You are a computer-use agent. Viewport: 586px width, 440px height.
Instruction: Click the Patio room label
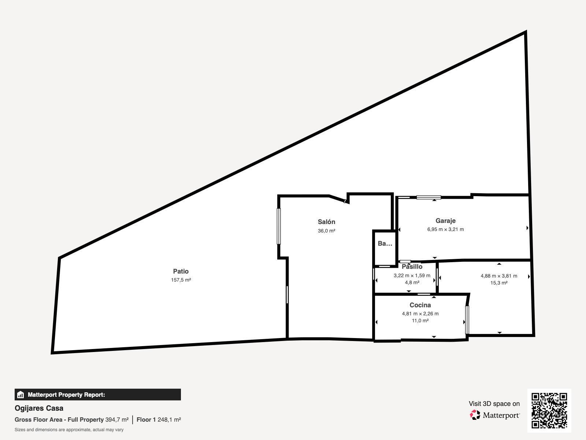tap(181, 271)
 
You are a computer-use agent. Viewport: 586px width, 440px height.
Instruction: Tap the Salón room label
tap(326, 222)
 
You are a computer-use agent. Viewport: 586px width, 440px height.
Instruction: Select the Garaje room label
tap(445, 221)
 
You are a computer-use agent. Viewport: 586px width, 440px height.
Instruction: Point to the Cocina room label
tap(420, 305)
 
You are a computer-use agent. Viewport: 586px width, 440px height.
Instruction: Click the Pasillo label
tap(412, 267)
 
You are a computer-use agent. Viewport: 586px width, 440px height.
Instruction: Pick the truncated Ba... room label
tap(385, 243)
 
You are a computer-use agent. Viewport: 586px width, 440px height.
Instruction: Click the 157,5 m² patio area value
tap(181, 280)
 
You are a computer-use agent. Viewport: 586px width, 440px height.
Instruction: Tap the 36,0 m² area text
tap(326, 231)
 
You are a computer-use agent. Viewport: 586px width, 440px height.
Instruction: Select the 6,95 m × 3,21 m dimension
tap(445, 229)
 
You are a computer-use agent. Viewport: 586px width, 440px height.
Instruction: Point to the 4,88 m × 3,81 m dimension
tap(499, 276)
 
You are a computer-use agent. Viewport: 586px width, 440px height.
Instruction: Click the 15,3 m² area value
tap(499, 283)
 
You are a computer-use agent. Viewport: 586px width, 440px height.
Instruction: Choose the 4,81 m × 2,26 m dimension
tap(420, 313)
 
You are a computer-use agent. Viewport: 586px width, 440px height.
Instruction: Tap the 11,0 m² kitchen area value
tap(420, 320)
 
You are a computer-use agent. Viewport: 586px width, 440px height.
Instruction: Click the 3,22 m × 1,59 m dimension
tap(412, 275)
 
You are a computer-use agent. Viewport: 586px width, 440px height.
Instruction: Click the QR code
tap(549, 411)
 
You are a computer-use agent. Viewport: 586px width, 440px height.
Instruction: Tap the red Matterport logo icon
tap(475, 415)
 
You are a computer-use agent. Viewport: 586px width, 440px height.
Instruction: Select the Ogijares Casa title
tap(39, 408)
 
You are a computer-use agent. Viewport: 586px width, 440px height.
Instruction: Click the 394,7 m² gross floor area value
tap(117, 420)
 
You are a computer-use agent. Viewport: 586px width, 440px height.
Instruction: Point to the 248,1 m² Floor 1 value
tap(169, 420)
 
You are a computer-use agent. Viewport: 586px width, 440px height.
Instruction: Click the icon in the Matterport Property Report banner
tap(20, 395)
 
